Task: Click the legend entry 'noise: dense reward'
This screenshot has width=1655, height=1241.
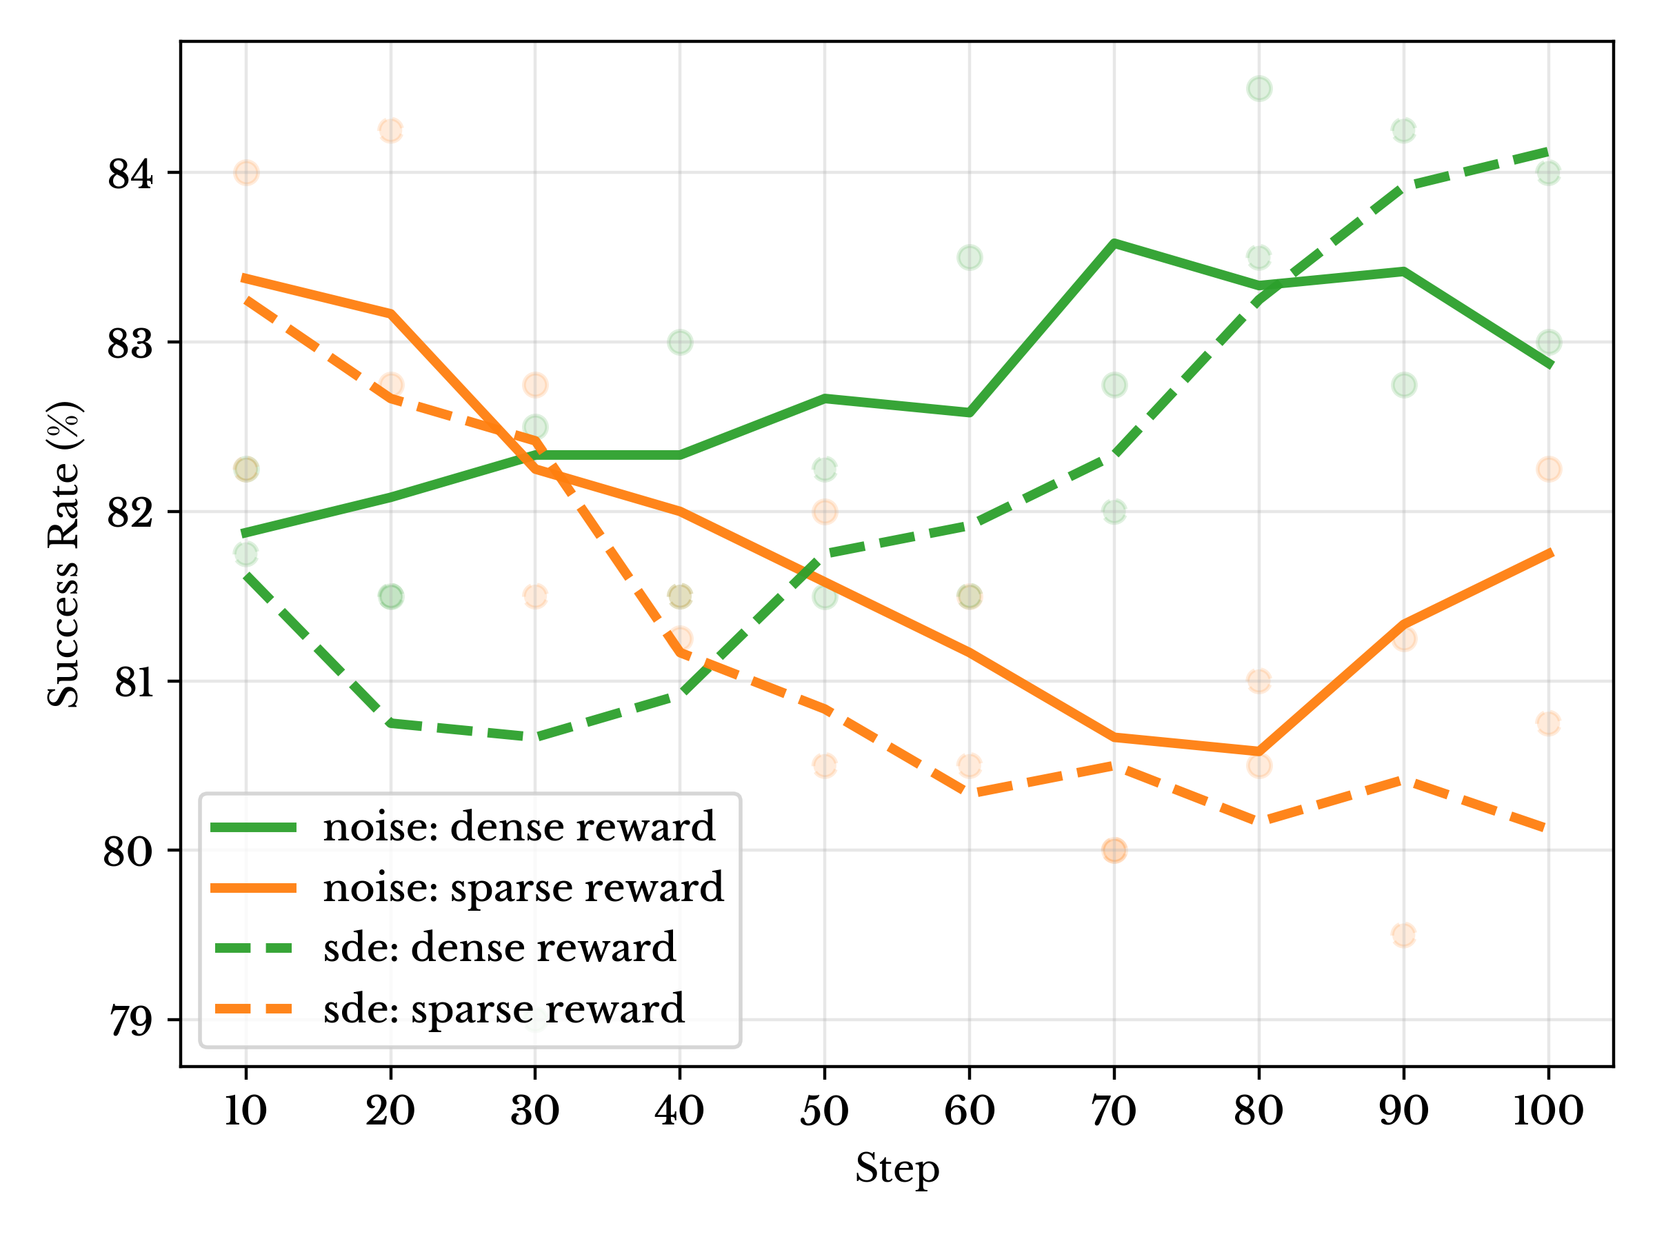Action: [x=519, y=827]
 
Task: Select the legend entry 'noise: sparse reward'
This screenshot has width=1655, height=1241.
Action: [x=523, y=888]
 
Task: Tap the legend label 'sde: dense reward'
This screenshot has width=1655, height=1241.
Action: [x=499, y=948]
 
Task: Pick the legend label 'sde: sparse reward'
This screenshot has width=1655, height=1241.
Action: [x=503, y=1009]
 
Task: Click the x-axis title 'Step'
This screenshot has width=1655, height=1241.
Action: [x=896, y=1169]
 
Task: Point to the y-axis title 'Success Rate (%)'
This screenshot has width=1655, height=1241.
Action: [x=64, y=554]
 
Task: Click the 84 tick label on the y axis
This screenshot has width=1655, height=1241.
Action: [x=130, y=174]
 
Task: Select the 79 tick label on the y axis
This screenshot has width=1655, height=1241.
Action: [x=130, y=1020]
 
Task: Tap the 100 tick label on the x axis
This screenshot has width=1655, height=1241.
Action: [x=1547, y=1111]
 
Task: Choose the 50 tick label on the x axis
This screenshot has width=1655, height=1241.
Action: [x=824, y=1111]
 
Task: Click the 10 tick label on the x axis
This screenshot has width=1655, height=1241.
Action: [x=245, y=1111]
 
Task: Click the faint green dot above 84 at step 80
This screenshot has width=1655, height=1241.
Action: [x=1258, y=88]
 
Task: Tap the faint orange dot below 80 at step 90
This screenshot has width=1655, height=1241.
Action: [x=1403, y=935]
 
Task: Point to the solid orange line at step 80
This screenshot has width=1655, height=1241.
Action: [x=1258, y=750]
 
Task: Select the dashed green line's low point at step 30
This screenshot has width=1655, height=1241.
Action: [x=535, y=738]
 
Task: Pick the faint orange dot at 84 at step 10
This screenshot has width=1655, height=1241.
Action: [x=246, y=173]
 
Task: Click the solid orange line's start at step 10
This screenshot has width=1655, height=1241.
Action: [x=245, y=279]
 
